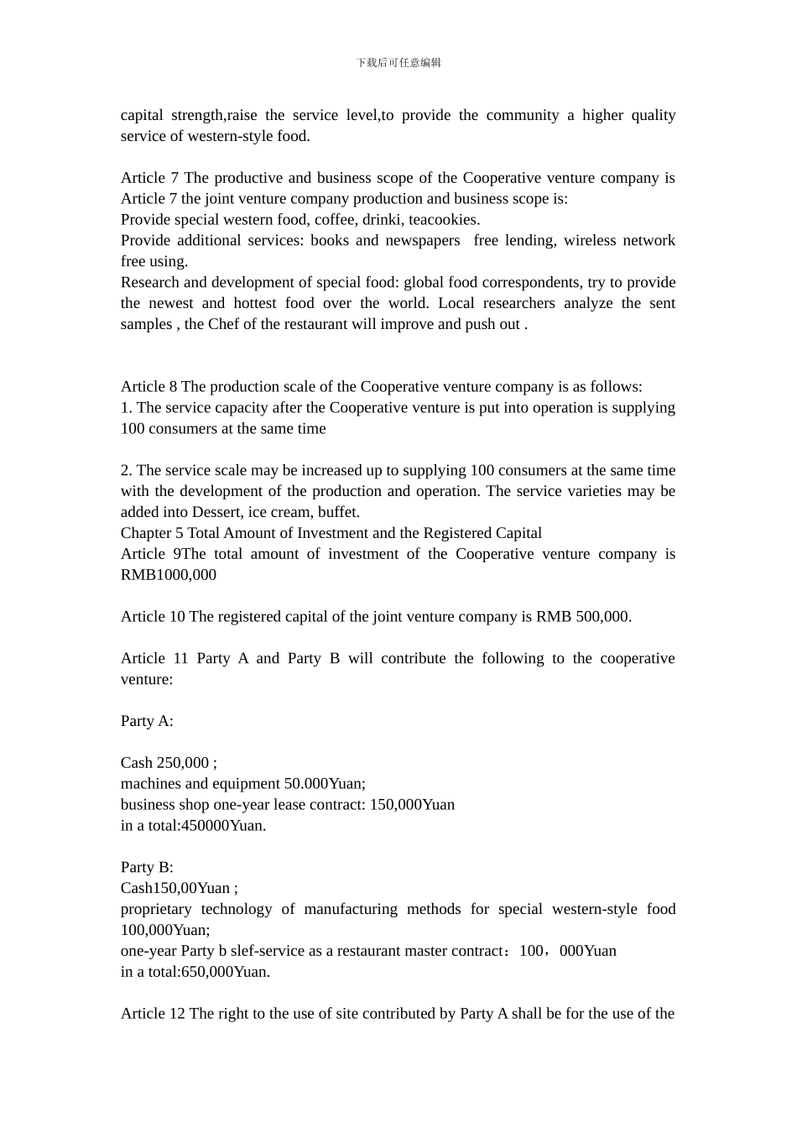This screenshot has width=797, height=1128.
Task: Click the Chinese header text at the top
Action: click(x=398, y=63)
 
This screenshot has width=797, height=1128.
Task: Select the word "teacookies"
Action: click(x=443, y=220)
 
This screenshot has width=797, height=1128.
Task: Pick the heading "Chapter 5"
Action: click(x=152, y=533)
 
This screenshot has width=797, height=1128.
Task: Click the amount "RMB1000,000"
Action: click(x=169, y=575)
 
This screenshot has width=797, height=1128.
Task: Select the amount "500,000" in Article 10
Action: click(x=602, y=617)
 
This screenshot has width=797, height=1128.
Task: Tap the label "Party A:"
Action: click(x=147, y=721)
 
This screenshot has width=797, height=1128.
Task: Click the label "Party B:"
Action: click(x=147, y=867)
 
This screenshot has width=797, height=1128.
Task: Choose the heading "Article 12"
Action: click(x=153, y=1014)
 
